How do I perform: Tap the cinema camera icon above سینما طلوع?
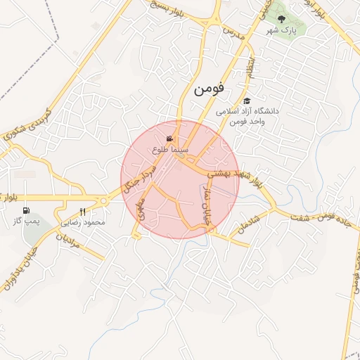pyautogui.click(x=169, y=139)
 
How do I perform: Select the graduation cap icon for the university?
pyautogui.click(x=247, y=101)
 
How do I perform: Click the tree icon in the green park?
pyautogui.click(x=282, y=20)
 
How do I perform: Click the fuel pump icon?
pyautogui.click(x=27, y=210)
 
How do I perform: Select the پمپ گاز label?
pyautogui.click(x=27, y=221)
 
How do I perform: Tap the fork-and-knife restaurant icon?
pyautogui.click(x=83, y=212)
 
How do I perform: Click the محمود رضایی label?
pyautogui.click(x=84, y=222)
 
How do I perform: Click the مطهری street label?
pyautogui.click(x=143, y=210)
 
